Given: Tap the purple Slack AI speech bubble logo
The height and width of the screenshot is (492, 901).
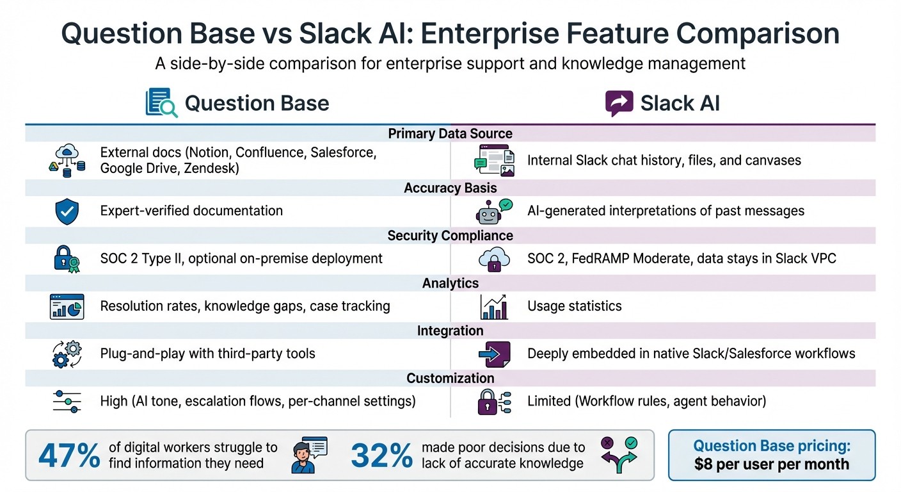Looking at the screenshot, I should tap(619, 103).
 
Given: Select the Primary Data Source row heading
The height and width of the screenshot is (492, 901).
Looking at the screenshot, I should tap(450, 134).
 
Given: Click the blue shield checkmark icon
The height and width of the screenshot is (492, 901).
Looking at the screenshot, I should tap(67, 211).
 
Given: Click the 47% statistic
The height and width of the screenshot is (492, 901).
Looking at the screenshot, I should tap(69, 455).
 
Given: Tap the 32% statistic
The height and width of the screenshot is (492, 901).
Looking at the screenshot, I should tap(382, 455).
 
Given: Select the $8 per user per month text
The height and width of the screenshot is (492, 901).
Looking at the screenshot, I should tap(771, 464).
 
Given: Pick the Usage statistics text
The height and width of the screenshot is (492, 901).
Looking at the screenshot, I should tap(574, 306).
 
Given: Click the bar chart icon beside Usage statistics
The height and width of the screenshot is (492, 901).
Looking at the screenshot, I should tap(493, 307).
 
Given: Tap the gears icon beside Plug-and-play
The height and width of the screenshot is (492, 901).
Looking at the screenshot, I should tap(67, 354).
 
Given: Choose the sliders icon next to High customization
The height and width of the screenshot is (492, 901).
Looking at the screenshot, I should tap(67, 402).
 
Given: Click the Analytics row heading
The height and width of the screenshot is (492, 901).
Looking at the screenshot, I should tap(450, 283).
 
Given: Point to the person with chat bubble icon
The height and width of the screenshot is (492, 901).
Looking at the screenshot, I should tap(308, 455).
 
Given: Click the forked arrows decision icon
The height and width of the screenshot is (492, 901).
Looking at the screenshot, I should tap(618, 455).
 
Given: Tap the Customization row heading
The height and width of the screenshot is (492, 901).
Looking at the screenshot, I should tap(450, 378).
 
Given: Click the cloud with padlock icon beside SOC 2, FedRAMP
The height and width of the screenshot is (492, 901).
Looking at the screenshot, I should tap(493, 259).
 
